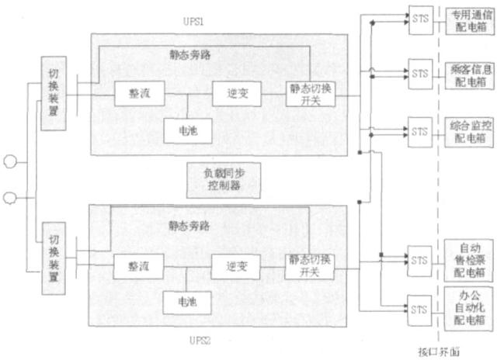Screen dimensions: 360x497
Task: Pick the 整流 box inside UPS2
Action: tap(136, 266)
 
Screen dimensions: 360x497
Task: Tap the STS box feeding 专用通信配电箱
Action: tap(420, 16)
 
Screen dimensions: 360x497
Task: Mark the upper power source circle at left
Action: tap(12, 161)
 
